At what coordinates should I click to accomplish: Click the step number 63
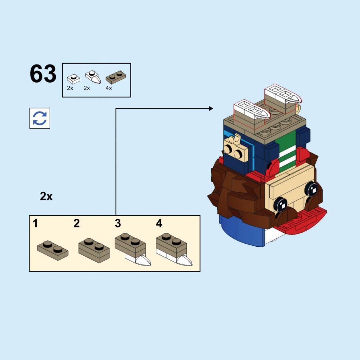click(43, 74)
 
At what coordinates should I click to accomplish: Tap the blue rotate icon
click(40, 118)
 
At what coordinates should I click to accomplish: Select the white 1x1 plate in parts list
click(73, 79)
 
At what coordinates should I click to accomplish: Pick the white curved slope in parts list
click(93, 77)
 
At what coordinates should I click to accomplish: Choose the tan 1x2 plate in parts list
click(116, 77)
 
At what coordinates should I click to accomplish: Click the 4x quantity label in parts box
click(109, 88)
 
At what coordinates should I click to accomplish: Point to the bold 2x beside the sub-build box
click(46, 197)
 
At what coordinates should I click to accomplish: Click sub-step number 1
click(35, 223)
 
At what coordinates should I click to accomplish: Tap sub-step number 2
click(77, 223)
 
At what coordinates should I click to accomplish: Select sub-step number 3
click(118, 223)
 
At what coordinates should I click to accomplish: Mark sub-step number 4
click(159, 223)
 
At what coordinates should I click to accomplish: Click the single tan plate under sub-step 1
click(53, 250)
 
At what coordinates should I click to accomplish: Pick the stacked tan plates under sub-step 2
click(94, 250)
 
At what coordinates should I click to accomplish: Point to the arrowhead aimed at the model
click(211, 109)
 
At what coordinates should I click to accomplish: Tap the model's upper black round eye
click(312, 189)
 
